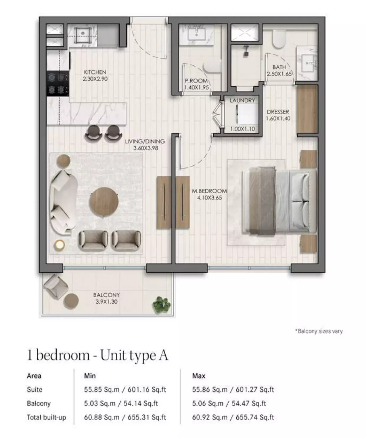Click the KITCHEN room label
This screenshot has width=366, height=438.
(x=95, y=72)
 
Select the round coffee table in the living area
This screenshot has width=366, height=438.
(x=104, y=201)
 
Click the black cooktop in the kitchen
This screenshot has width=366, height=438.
(x=58, y=83)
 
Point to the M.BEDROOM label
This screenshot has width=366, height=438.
(x=209, y=191)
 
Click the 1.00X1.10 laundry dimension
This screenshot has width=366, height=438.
(x=243, y=129)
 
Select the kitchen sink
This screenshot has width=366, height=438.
(x=83, y=34)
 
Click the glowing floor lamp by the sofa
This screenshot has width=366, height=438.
(x=60, y=245)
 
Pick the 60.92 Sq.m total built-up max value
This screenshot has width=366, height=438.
(x=210, y=417)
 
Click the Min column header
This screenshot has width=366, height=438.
(x=90, y=376)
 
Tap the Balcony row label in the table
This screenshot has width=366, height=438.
(x=39, y=404)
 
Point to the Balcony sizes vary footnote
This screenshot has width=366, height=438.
(x=319, y=331)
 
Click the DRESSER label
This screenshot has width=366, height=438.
(x=278, y=112)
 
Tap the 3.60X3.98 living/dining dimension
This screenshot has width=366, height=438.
(x=146, y=148)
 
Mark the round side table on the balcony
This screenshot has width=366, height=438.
(x=71, y=301)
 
